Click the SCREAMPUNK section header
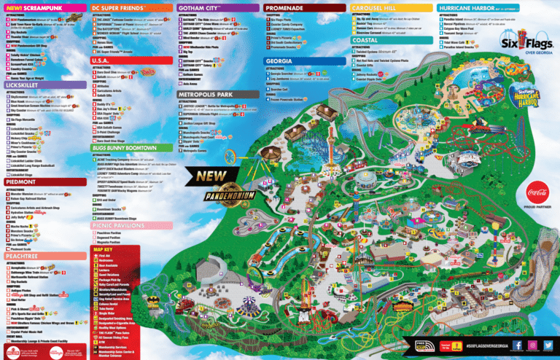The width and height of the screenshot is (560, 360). coord(33,7)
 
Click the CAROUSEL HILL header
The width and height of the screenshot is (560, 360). coord(376,7)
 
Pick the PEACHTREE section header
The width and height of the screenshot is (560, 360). coord(25,257)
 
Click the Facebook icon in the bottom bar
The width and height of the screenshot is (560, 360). coord(516,345)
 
